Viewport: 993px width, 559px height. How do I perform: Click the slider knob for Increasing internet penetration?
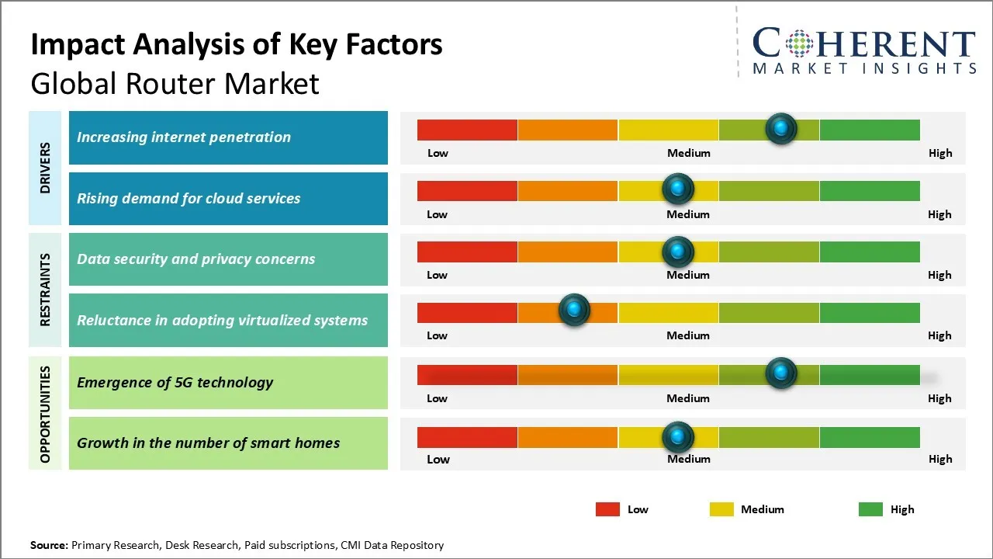point(781,128)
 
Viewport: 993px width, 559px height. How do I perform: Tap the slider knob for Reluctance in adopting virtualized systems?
point(574,311)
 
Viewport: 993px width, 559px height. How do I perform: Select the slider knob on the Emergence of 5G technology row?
point(781,373)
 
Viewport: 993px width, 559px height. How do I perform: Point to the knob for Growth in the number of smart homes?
point(678,437)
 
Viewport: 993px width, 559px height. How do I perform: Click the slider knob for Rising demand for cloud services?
point(678,189)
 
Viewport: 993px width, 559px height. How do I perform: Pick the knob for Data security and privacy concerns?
point(678,251)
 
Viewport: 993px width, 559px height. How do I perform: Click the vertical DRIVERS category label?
point(45,168)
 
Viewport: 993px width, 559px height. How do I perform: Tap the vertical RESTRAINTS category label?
point(45,289)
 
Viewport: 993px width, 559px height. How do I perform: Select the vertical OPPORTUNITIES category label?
point(45,414)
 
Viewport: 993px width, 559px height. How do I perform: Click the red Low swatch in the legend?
point(607,509)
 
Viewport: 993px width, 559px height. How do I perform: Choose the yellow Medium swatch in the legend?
point(721,509)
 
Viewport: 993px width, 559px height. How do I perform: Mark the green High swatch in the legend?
point(870,509)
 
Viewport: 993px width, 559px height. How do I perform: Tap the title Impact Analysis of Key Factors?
point(237,45)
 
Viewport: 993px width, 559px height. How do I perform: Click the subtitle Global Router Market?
point(175,83)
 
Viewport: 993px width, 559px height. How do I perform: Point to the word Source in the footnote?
point(49,545)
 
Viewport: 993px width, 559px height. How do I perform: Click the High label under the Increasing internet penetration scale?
point(940,153)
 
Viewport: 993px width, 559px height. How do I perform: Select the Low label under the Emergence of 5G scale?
point(437,398)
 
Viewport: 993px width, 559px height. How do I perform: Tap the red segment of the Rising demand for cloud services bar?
point(467,191)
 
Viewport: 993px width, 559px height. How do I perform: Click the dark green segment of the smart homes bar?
point(870,438)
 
